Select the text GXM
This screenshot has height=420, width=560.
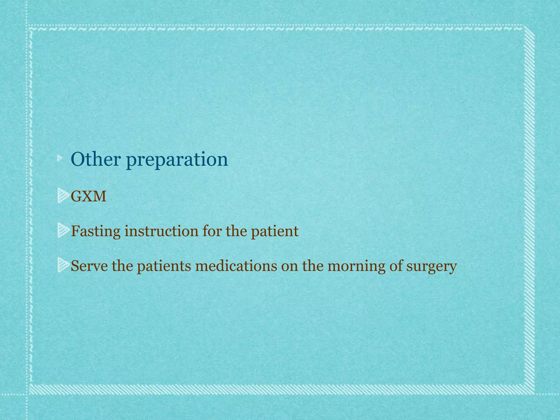[x=88, y=196]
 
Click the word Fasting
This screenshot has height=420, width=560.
[x=95, y=231]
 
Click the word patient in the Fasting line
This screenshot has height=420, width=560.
[x=275, y=231]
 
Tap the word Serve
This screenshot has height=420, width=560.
[x=89, y=266]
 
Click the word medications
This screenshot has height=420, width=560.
[x=236, y=266]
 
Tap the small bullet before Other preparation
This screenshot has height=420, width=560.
[x=60, y=158]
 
